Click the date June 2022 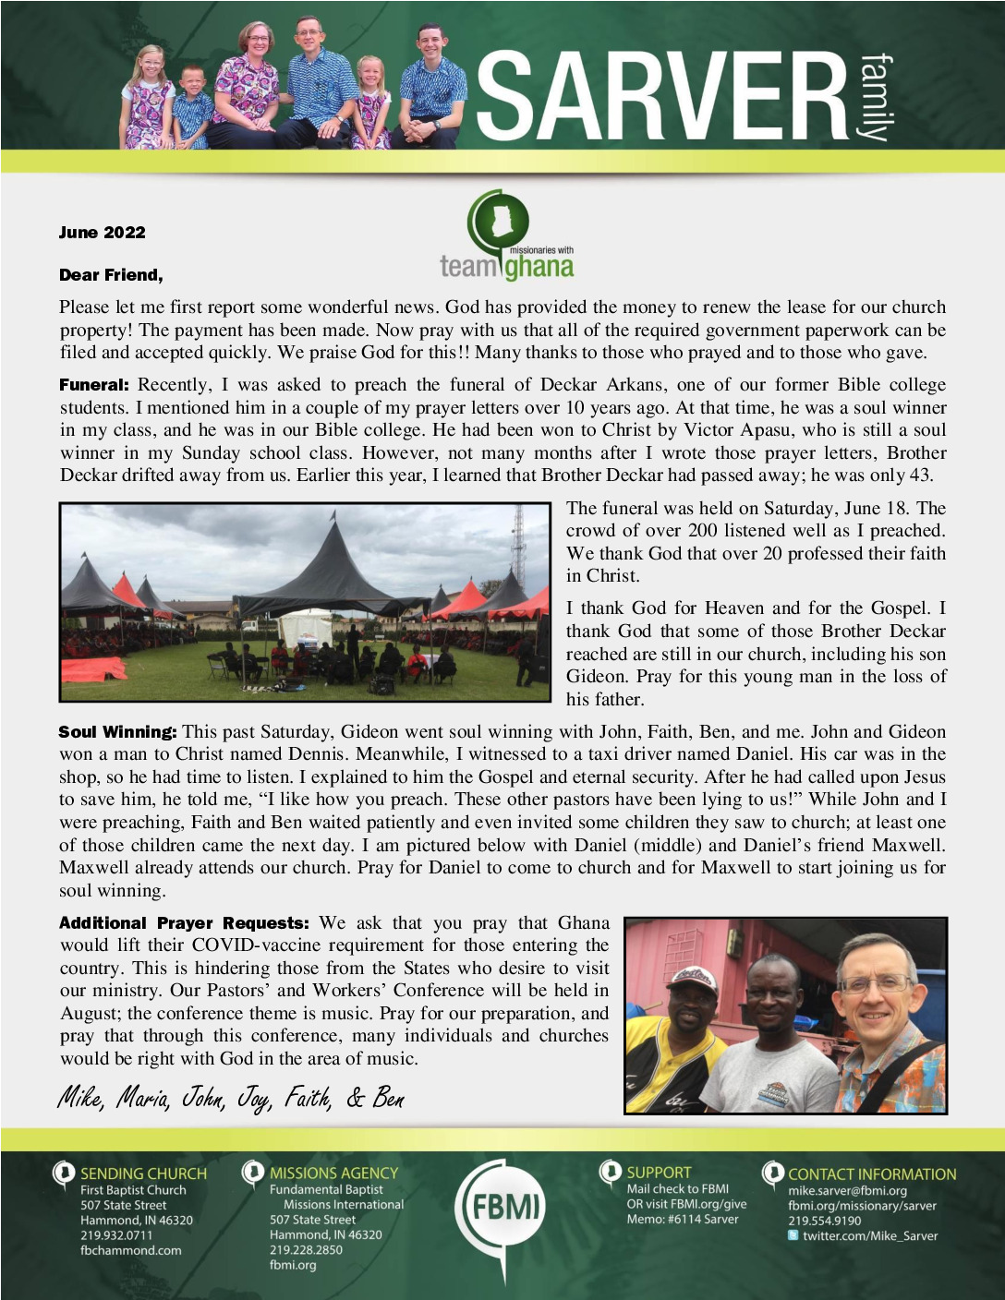(x=102, y=233)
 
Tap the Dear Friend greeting (x=111, y=275)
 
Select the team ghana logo (x=506, y=236)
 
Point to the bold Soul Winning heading (x=117, y=732)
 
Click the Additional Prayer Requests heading (x=184, y=923)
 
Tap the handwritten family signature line (x=231, y=1098)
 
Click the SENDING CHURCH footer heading (x=143, y=1174)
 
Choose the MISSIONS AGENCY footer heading (x=333, y=1174)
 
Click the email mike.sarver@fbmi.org (x=847, y=1191)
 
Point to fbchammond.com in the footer (x=130, y=1250)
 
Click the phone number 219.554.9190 (x=824, y=1221)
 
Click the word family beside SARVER (x=875, y=97)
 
